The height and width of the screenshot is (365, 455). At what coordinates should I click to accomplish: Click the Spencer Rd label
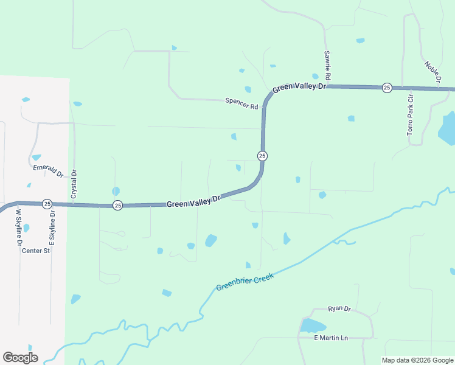[x=241, y=103]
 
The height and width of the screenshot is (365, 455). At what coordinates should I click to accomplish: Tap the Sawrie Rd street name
[x=327, y=66]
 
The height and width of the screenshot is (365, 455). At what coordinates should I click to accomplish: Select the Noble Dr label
[x=432, y=72]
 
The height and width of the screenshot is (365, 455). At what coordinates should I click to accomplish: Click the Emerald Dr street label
[x=48, y=171]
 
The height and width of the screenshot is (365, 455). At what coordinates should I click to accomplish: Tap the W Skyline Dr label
[x=18, y=228]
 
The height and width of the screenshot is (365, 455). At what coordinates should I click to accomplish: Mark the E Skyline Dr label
[x=52, y=228]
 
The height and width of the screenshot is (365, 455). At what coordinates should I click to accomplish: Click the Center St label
[x=35, y=251]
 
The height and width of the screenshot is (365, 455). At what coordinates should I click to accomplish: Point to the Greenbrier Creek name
[x=245, y=282]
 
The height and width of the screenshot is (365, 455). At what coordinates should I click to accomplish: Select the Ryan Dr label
[x=339, y=309]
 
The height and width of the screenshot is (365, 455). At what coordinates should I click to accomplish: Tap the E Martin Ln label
[x=330, y=338]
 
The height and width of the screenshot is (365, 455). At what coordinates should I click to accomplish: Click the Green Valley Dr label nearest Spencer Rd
[x=299, y=88]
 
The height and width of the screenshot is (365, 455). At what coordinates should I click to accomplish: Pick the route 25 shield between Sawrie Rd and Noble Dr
[x=387, y=88]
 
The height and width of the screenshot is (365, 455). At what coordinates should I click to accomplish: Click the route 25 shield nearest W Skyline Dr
[x=47, y=204]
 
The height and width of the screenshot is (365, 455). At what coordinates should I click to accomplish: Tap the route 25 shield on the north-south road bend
[x=262, y=156]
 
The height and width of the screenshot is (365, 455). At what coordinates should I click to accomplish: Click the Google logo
[x=20, y=358]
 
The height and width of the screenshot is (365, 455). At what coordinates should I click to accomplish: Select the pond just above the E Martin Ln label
[x=313, y=325]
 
